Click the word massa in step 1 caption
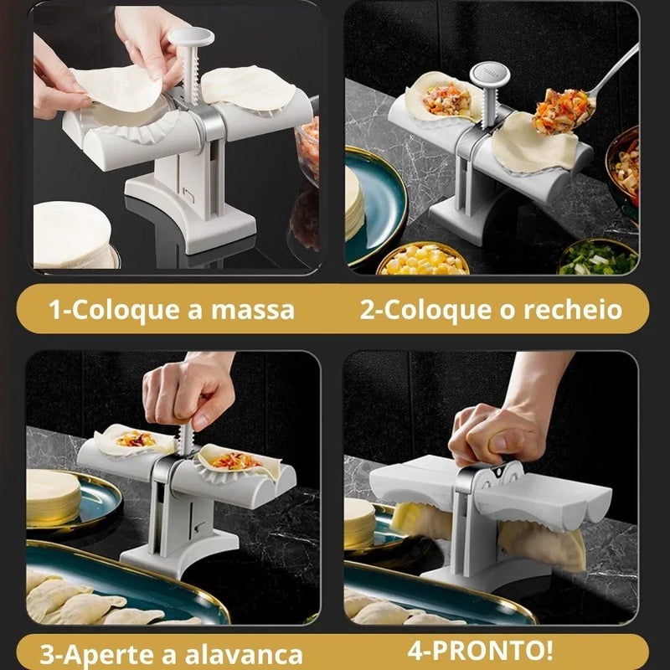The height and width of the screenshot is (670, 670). pos(247,309)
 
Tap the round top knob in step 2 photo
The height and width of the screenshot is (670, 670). pos(487,75)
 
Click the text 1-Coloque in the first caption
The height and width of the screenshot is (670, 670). pos(109,309)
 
